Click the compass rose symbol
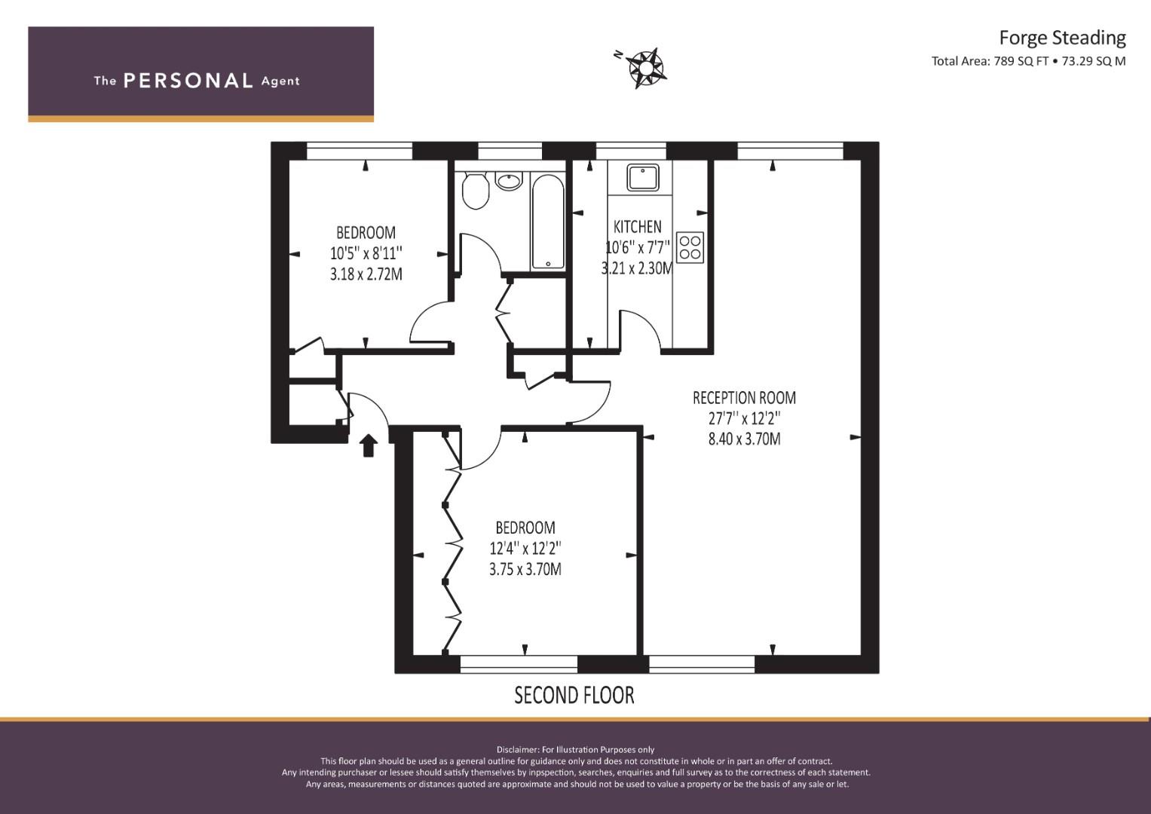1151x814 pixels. click(x=645, y=67)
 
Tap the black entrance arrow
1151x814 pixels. click(x=368, y=445)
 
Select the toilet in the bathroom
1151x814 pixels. click(x=476, y=191)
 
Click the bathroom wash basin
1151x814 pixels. click(x=510, y=181)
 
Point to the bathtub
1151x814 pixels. click(x=547, y=222)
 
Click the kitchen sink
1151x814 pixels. click(x=643, y=178)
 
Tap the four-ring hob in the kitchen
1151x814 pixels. click(x=690, y=247)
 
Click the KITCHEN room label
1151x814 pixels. click(x=637, y=227)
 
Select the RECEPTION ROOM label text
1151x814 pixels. click(x=744, y=398)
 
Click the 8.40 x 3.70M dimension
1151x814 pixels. click(x=744, y=439)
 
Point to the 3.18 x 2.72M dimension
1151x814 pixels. click(x=366, y=274)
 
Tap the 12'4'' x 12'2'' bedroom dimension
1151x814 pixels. click(x=525, y=548)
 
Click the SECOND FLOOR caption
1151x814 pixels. click(x=574, y=695)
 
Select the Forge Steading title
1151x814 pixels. click(x=1061, y=37)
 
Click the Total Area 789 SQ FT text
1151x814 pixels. click(x=1028, y=62)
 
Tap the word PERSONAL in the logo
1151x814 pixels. click(x=188, y=81)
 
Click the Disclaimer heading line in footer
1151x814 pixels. click(x=575, y=749)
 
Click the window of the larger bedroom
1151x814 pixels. click(x=519, y=664)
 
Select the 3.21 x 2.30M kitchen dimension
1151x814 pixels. click(x=637, y=268)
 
